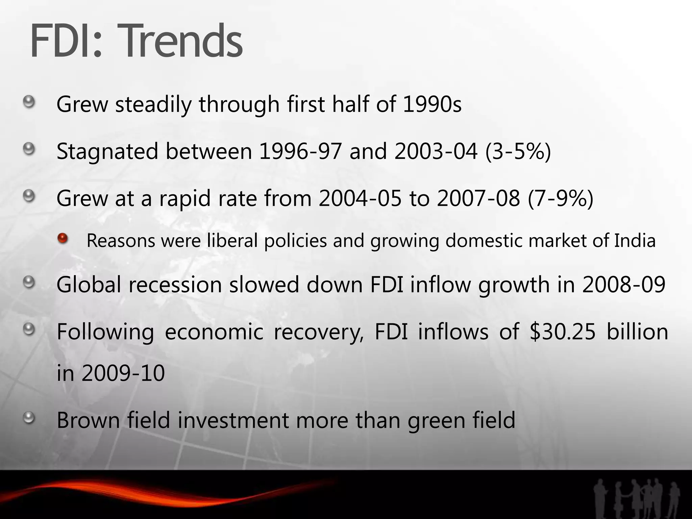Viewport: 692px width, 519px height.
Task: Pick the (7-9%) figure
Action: (x=560, y=198)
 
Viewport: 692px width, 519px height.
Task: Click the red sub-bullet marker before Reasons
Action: (x=63, y=239)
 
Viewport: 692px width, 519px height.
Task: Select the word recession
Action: (x=175, y=285)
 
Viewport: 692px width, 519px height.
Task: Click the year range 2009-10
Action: (x=123, y=373)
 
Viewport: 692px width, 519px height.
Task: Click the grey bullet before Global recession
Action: (x=29, y=282)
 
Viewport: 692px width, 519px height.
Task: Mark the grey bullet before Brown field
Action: (x=29, y=418)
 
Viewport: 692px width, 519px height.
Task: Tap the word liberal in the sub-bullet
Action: (x=232, y=241)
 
